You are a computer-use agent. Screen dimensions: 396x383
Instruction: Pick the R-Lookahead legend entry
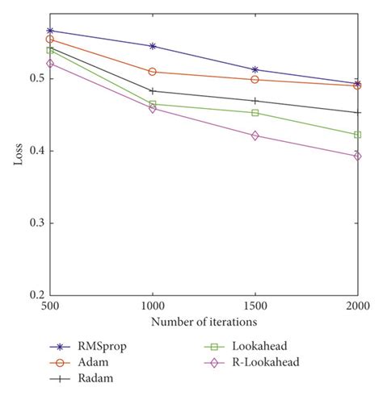[267, 362]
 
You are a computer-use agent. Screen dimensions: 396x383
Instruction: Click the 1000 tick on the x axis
[152, 306]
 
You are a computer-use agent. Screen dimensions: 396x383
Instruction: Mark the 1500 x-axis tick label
[255, 306]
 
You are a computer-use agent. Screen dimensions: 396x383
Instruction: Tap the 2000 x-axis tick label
[357, 306]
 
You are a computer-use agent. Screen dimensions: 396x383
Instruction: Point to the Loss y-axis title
[17, 154]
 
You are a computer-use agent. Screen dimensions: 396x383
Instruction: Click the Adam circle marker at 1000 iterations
[153, 72]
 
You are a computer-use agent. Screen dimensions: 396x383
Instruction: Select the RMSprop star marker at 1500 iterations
[255, 70]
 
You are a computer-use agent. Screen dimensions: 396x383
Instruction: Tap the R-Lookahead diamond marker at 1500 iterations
[255, 135]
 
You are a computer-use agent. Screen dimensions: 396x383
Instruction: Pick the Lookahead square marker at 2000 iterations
[357, 135]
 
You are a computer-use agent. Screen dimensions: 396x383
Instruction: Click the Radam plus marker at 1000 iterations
[153, 91]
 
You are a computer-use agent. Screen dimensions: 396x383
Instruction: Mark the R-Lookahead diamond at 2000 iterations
[357, 156]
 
